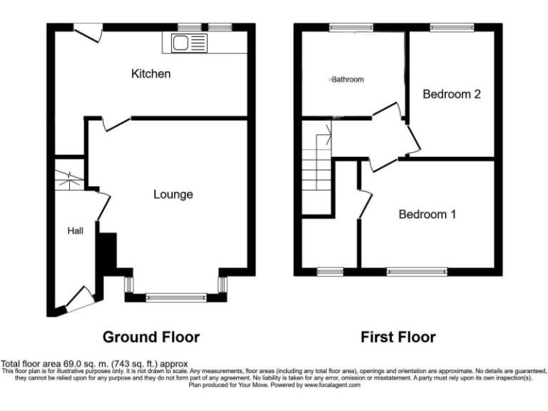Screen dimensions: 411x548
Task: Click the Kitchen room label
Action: click(151, 73)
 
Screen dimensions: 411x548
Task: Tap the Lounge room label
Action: click(173, 194)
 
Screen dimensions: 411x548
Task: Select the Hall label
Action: click(76, 230)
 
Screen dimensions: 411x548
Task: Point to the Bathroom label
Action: click(347, 80)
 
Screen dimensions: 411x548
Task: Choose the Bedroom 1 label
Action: click(427, 214)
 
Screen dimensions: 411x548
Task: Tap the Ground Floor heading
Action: click(151, 337)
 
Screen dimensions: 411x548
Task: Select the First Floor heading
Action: click(397, 337)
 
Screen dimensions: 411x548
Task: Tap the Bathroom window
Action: click(350, 27)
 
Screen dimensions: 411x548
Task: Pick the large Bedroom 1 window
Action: click(417, 272)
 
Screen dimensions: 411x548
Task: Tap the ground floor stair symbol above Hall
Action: click(70, 177)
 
